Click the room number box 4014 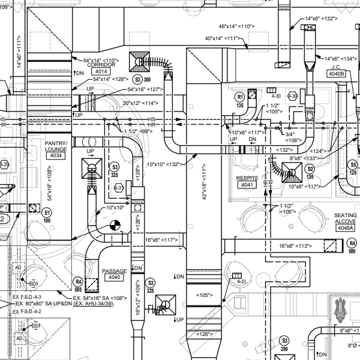pos(100,71)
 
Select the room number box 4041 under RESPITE pos(247,185)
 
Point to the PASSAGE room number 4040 pos(114,278)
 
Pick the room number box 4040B pos(336,74)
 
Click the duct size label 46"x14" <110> pos(238,26)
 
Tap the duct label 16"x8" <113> pos(296,246)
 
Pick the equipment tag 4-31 pos(241,281)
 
